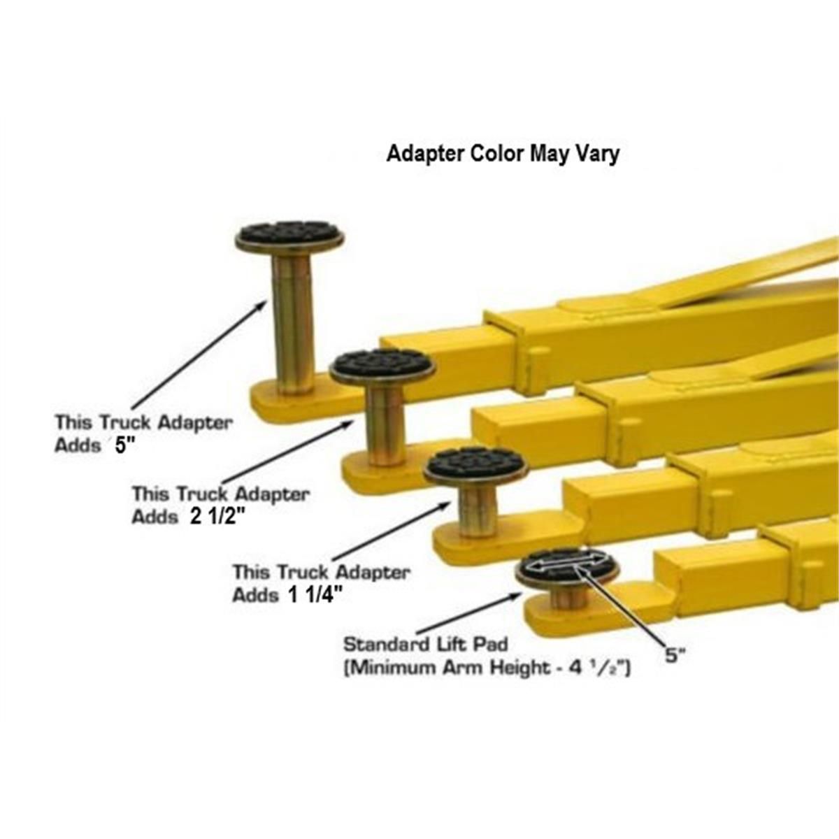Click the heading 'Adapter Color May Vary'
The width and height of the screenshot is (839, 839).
tap(503, 153)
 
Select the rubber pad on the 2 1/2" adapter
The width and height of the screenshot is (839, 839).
tap(382, 364)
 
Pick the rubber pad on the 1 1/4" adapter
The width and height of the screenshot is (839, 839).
tap(475, 462)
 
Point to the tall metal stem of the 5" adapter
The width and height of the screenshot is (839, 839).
tap(292, 322)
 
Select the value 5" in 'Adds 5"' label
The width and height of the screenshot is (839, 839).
tap(124, 447)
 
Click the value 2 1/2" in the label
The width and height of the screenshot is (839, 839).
tap(216, 517)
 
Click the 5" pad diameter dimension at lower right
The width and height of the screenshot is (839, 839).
tap(675, 657)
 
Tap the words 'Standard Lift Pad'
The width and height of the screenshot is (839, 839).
tap(425, 643)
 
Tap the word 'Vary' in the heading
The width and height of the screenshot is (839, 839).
tap(595, 153)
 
